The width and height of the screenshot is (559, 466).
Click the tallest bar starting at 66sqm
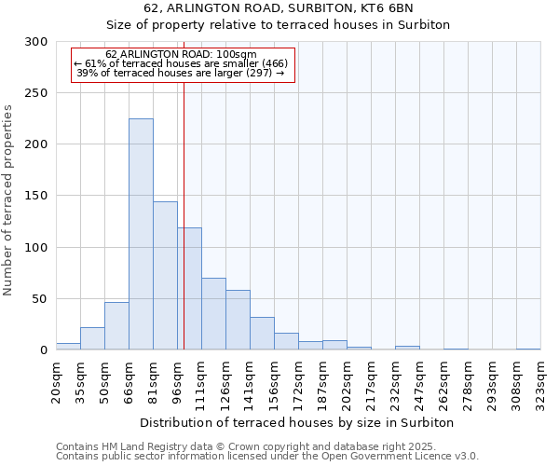pyautogui.click(x=141, y=234)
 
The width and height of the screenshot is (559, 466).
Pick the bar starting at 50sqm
pyautogui.click(x=116, y=326)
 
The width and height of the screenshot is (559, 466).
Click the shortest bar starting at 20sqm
pyautogui.click(x=68, y=347)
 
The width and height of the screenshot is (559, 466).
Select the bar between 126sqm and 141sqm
pyautogui.click(x=238, y=320)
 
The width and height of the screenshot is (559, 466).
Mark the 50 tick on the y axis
pyautogui.click(x=40, y=299)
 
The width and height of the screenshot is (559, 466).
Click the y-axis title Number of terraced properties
pyautogui.click(x=8, y=199)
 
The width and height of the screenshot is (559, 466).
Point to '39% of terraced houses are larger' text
pyautogui.click(x=180, y=73)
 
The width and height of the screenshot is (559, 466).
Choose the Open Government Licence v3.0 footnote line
pyautogui.click(x=267, y=457)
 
